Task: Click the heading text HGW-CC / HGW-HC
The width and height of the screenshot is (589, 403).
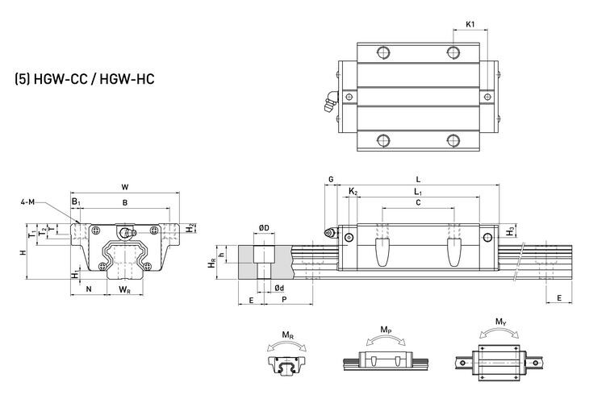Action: coord(84,81)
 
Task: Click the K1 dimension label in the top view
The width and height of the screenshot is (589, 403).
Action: coord(470,24)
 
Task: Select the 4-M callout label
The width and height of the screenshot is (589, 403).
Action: coord(27,203)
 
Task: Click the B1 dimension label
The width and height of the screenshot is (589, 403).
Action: coord(75,201)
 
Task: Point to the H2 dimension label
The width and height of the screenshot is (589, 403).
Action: coord(190,228)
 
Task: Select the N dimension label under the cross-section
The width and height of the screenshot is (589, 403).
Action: coord(89,288)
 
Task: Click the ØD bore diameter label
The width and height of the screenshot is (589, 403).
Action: coord(264,228)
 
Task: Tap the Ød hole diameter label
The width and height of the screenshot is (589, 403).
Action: coord(278,288)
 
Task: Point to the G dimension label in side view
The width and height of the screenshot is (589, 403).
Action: coord(331,179)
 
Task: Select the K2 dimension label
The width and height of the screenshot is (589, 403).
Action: coord(354,191)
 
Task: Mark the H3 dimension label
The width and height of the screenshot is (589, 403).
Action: coord(509,232)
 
